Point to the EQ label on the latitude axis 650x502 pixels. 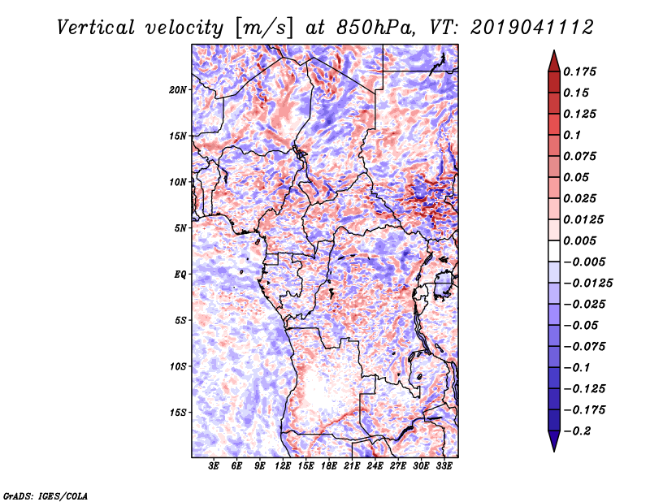click(180, 274)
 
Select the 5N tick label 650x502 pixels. click(181, 228)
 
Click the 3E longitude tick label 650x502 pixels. click(214, 466)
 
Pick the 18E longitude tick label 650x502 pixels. click(330, 466)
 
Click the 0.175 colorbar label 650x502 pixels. click(582, 71)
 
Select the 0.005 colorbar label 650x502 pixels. click(582, 240)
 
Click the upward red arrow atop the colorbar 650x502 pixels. click(553, 58)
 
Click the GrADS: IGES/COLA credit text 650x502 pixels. click(45, 495)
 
